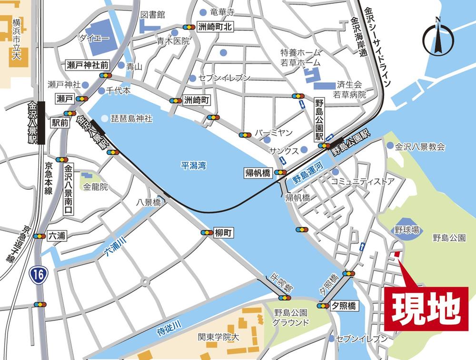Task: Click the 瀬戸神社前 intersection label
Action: coord(87,64)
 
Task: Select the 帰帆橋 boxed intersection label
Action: coord(258,173)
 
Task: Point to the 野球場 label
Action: coord(407,230)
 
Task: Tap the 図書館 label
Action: coord(152,15)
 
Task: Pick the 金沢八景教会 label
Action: coord(420,147)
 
